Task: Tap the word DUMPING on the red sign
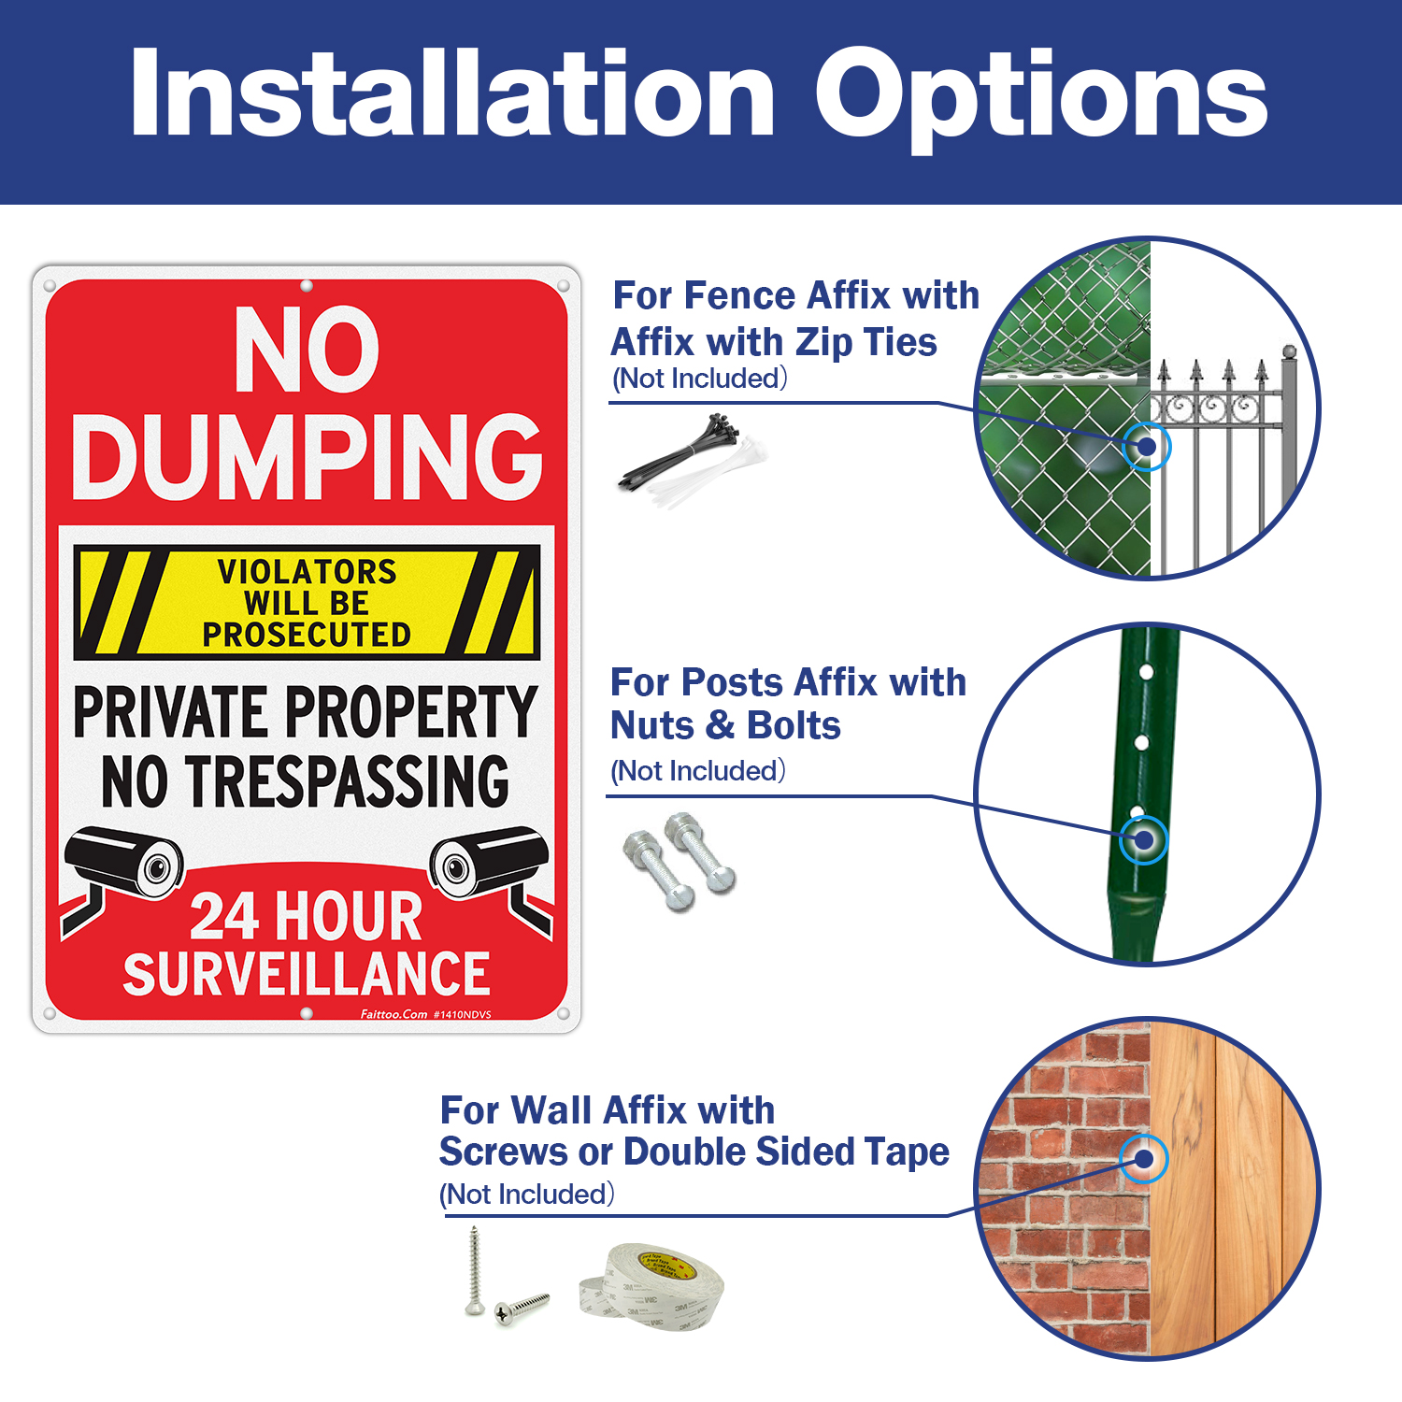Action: click(307, 457)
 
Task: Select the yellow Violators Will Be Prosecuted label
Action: click(307, 603)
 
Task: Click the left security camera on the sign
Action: click(125, 860)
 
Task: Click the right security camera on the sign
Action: click(488, 860)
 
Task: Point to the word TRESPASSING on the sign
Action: click(347, 781)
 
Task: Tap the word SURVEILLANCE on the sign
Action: click(307, 974)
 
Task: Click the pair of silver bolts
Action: click(679, 860)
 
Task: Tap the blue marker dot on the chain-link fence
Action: click(1147, 447)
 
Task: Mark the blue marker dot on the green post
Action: click(1143, 839)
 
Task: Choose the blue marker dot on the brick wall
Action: click(1144, 1159)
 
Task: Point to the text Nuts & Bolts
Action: click(725, 726)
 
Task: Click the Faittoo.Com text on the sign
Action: click(393, 1014)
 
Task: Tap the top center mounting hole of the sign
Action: click(307, 286)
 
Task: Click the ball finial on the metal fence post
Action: click(1289, 352)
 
